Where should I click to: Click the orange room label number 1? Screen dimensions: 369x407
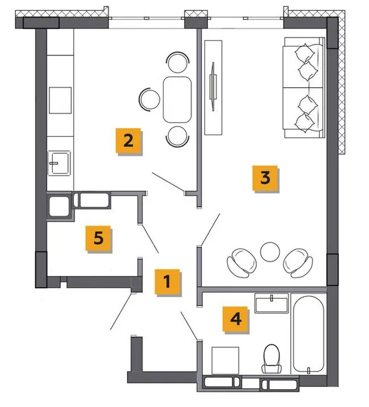(167, 281)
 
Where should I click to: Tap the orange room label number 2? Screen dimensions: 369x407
(129, 141)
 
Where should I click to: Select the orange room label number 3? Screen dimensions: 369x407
(265, 178)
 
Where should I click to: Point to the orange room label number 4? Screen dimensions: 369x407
(235, 319)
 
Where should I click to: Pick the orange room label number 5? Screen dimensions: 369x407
(99, 238)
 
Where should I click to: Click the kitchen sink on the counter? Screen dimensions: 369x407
(59, 163)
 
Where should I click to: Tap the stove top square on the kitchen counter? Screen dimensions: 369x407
(60, 100)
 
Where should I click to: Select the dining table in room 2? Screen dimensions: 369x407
(178, 99)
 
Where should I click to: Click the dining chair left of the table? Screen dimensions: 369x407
(150, 99)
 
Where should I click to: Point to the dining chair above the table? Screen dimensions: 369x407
(178, 62)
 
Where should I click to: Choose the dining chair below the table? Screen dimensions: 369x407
(178, 137)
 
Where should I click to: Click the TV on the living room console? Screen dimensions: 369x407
(213, 86)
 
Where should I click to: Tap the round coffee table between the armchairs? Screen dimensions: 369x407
(270, 252)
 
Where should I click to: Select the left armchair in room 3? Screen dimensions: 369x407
(242, 263)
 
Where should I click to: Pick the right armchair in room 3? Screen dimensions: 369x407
(298, 263)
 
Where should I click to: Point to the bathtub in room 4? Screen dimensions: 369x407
(309, 334)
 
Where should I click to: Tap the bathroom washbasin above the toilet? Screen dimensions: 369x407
(272, 303)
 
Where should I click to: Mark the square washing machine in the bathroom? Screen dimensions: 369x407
(225, 361)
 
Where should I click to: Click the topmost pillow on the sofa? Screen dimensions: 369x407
(304, 53)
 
